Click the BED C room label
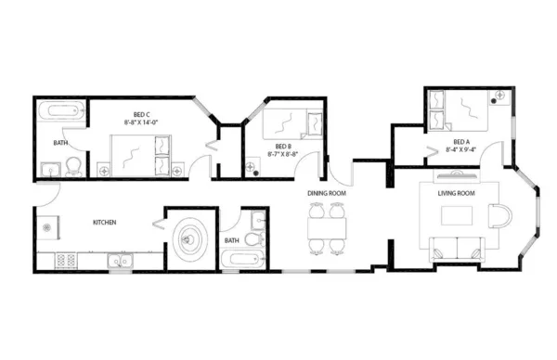pyautogui.click(x=142, y=113)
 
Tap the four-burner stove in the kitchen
pyautogui.click(x=66, y=260)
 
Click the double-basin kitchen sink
pyautogui.click(x=119, y=259)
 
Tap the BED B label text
pyautogui.click(x=282, y=147)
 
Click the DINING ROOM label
pyautogui.click(x=327, y=193)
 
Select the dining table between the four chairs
pyautogui.click(x=327, y=227)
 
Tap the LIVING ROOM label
pyautogui.click(x=456, y=193)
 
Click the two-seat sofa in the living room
pyautogui.click(x=456, y=247)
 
